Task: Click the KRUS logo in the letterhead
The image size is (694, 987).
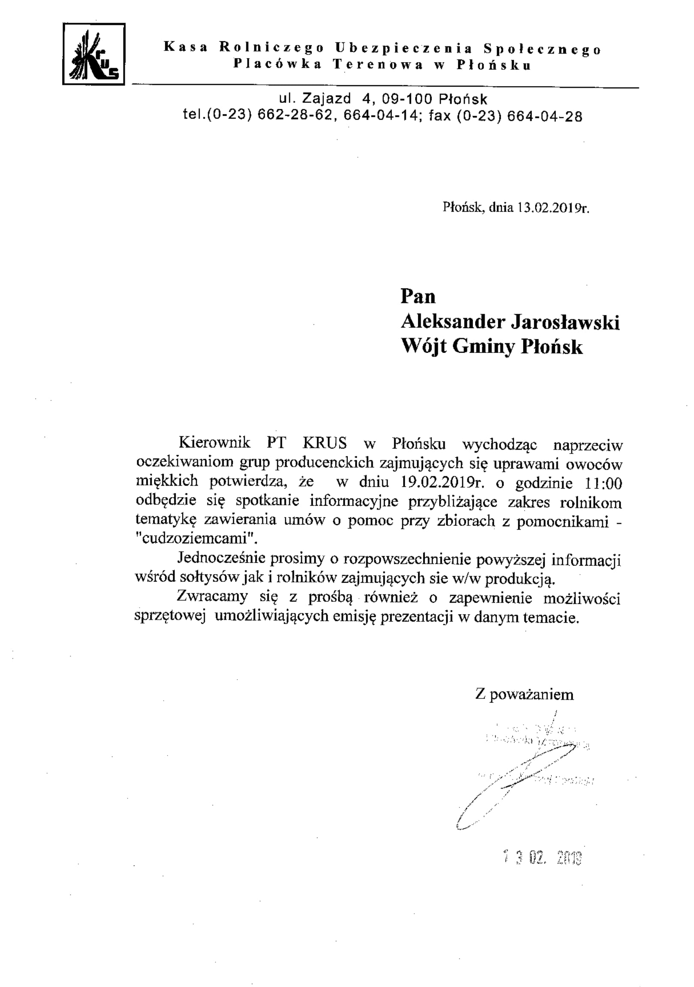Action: coord(94,54)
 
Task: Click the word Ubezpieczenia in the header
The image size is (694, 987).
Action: coord(404,48)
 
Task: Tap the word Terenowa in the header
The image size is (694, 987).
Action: coord(378,65)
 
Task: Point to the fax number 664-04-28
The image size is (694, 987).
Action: coord(544,117)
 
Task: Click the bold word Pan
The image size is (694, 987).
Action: coord(418,297)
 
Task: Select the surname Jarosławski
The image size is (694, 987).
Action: coord(565,322)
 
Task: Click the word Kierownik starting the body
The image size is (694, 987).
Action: coord(215,443)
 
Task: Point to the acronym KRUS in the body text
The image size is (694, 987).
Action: coord(325,443)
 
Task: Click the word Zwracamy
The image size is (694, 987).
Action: coord(212,597)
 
